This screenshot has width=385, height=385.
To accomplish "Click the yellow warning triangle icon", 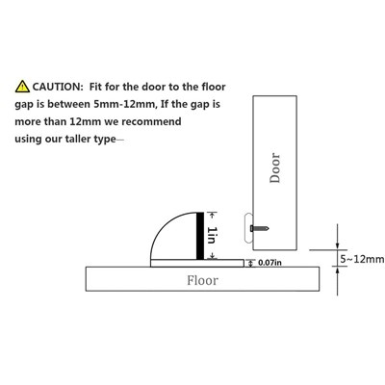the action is pos(22,87).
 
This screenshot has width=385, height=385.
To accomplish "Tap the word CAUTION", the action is pos(58,87).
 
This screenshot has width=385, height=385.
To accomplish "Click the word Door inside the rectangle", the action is pos(275,167).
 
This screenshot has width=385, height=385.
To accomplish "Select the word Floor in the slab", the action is pos(202,280).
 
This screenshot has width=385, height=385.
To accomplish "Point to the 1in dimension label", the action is pos(212,235).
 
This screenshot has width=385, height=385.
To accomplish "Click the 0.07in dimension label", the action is pos(269,263).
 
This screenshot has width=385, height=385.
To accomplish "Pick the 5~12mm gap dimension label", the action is pos(362,259).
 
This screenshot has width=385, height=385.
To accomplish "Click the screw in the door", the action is pos(259,228).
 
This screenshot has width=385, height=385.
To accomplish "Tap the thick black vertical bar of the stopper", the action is pos(200,236).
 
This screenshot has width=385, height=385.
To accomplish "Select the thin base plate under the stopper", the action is pos(197,263).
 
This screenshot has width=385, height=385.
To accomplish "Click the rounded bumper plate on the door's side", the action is pos(248,228).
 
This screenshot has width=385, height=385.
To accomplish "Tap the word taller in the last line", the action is pos(78,139).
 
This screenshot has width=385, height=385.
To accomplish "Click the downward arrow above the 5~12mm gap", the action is pos(337,237).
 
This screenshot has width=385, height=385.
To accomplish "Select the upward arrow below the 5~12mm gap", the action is pos(337,281).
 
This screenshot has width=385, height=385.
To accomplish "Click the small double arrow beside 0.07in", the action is pos(251,263).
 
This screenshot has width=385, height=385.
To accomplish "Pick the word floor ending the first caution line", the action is pos(214,87).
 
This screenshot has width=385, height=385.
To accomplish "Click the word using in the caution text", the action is pos(27,140).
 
